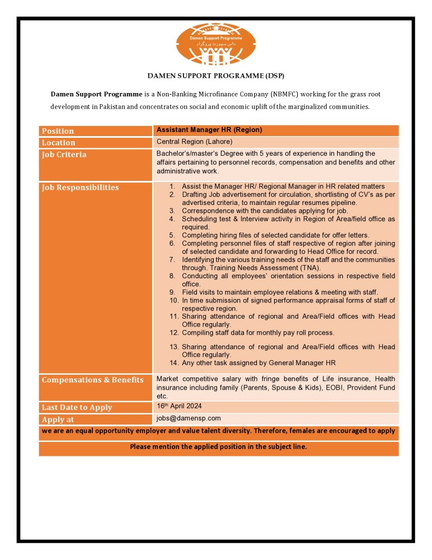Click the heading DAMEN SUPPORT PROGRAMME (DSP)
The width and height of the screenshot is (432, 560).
(x=215, y=75)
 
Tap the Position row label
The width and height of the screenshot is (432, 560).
(x=58, y=131)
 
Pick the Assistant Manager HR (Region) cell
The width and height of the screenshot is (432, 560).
(x=209, y=130)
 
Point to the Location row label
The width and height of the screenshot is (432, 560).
(x=58, y=143)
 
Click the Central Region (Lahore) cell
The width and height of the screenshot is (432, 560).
(x=194, y=142)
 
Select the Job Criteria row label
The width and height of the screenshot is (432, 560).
(x=64, y=155)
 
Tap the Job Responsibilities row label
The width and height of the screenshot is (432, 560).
(x=80, y=188)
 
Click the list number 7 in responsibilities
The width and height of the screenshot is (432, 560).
(x=172, y=260)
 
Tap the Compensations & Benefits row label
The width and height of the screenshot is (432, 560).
(x=92, y=380)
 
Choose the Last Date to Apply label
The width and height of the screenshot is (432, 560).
(x=77, y=408)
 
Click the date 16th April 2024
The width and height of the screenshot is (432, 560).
(x=179, y=406)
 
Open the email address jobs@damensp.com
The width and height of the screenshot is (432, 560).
(x=189, y=418)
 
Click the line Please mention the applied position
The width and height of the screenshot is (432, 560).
(x=218, y=447)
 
